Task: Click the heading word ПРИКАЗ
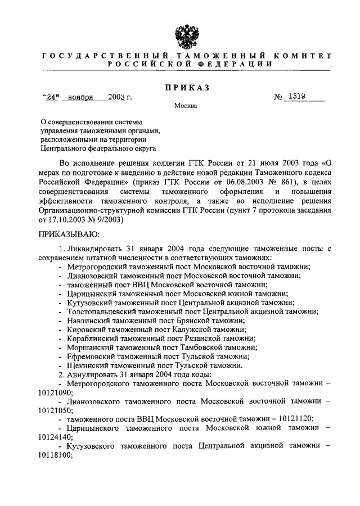tap(186, 87)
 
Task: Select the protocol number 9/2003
tap(110, 219)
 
